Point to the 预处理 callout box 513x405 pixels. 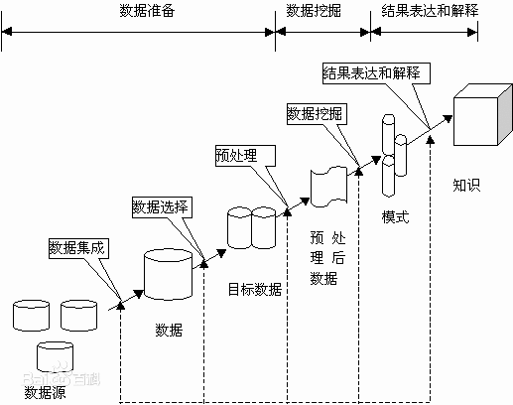click(x=238, y=155)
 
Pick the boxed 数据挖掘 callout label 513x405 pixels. click(x=315, y=112)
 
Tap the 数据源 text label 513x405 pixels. click(x=46, y=390)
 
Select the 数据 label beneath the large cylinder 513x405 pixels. click(x=169, y=329)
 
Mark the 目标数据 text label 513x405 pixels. click(x=254, y=290)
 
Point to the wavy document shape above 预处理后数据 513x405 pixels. click(x=328, y=187)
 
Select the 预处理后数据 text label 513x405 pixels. click(x=323, y=258)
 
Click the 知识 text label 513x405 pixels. click(x=466, y=184)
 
